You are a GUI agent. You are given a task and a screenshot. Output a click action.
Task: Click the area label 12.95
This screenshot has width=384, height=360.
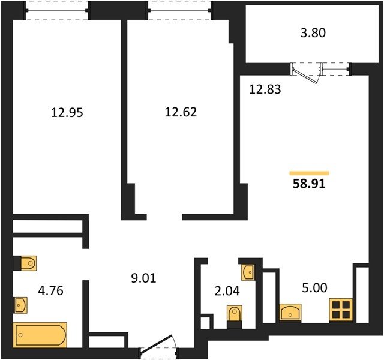point(67,113)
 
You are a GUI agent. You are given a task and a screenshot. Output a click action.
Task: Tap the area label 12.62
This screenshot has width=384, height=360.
point(181,112)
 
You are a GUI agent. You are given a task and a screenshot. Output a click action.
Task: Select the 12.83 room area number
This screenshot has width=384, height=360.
point(265,89)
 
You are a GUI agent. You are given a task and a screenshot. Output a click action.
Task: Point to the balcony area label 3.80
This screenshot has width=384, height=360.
point(313,33)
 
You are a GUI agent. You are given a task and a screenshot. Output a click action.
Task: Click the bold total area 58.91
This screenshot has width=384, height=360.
point(309,184)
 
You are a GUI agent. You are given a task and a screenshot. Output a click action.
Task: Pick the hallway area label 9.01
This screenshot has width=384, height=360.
point(143,278)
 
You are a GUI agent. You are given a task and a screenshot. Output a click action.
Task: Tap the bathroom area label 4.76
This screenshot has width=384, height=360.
point(50,290)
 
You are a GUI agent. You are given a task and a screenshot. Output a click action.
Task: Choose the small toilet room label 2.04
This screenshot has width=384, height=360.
point(227,291)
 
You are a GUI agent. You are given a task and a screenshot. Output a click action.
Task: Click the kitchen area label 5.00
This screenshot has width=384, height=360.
point(314,288)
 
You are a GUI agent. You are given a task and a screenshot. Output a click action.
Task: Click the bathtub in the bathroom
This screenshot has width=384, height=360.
point(40,335)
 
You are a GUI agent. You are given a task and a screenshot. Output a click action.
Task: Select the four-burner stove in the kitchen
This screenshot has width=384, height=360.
point(341,310)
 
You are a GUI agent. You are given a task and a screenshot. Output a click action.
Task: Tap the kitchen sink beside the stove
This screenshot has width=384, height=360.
point(290,312)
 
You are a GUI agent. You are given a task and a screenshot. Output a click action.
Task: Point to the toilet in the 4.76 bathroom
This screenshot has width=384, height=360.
point(29,263)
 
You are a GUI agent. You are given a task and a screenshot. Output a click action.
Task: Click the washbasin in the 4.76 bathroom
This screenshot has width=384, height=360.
point(20,305)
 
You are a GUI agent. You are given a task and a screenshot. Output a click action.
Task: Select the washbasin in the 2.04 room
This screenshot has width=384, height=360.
point(248,272)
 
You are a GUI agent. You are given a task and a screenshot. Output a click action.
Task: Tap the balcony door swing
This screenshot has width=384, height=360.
point(306,74)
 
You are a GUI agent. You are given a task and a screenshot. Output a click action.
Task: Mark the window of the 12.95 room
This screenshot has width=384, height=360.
point(57,11)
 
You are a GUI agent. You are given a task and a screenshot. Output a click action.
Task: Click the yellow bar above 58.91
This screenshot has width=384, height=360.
point(309,173)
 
